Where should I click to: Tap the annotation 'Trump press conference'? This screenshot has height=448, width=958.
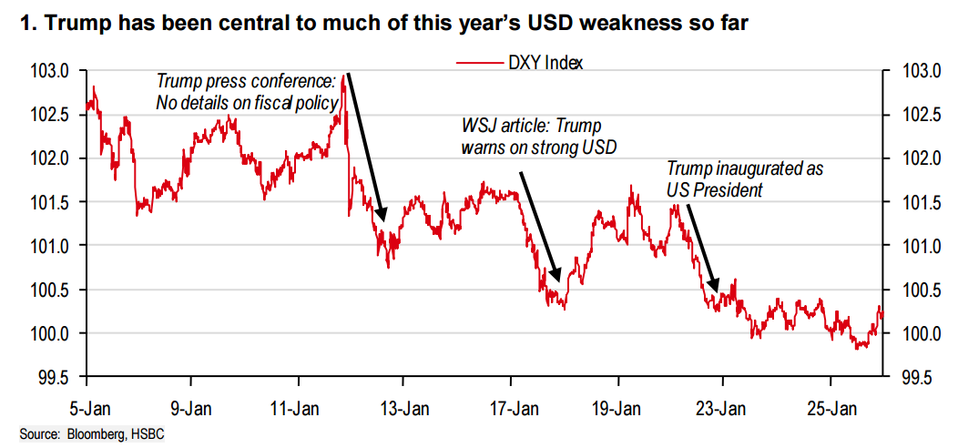247,91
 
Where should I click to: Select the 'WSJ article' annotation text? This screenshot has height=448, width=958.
531,135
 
